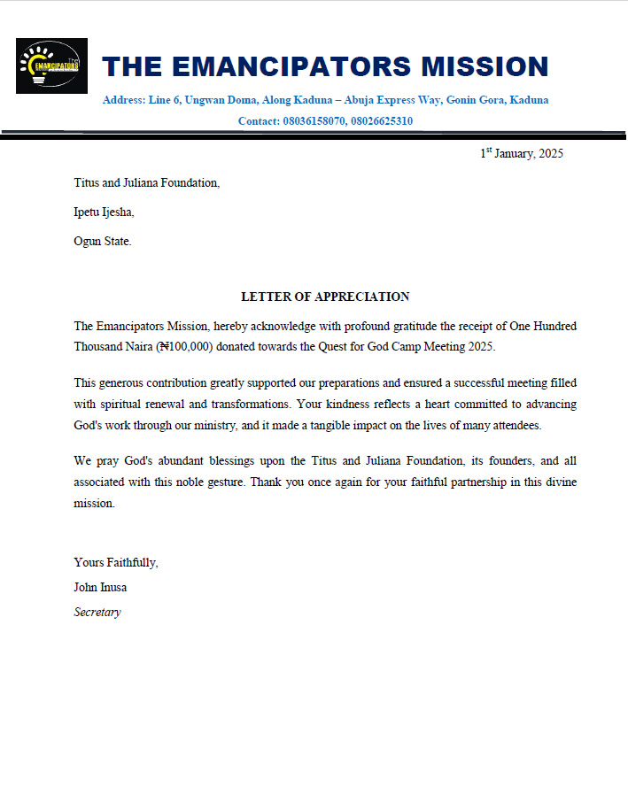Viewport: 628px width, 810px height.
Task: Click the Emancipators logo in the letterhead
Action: point(51,66)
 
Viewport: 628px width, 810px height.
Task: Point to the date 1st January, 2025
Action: point(522,153)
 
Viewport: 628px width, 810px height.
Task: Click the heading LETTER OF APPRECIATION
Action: point(325,297)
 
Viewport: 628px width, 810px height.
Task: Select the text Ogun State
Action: point(102,241)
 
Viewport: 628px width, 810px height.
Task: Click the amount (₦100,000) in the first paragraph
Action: point(184,347)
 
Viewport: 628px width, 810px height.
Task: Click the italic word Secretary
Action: point(97,612)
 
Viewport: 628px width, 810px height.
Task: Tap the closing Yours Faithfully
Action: point(116,562)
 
